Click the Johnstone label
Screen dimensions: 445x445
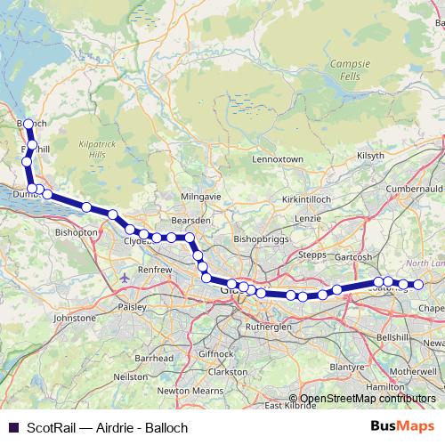(x=75, y=317)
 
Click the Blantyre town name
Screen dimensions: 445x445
(x=348, y=366)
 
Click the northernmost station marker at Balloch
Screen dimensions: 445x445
(x=28, y=124)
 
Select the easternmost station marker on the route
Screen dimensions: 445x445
(x=417, y=285)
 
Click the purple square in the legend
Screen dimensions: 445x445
(x=13, y=427)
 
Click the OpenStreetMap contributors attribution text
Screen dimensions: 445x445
(x=367, y=399)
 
